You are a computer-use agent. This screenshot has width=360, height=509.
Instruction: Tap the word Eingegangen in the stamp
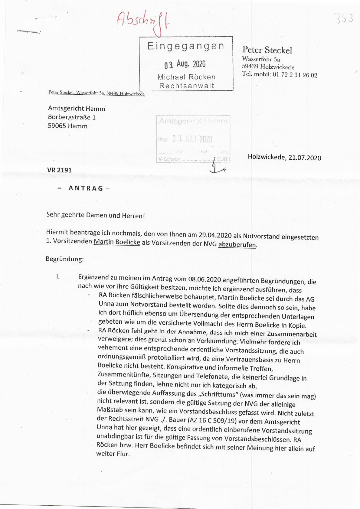[x=186, y=46]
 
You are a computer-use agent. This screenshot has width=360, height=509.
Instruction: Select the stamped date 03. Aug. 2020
[x=185, y=64]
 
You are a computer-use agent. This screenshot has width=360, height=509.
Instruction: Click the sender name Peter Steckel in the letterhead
[x=267, y=50]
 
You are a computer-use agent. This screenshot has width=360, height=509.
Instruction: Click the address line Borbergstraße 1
[x=72, y=117]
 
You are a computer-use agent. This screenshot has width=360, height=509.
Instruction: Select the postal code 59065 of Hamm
[x=57, y=126]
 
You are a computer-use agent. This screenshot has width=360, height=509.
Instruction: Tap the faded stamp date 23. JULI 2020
[x=192, y=139]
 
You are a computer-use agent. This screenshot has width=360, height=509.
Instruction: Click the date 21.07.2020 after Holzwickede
[x=305, y=158]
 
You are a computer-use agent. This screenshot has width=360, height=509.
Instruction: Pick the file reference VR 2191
[x=59, y=170]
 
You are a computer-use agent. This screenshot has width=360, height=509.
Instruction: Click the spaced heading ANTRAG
[x=86, y=188]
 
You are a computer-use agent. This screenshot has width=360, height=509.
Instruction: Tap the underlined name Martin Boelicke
[x=117, y=242]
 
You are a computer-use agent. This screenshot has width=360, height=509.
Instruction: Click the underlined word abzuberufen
[x=237, y=244]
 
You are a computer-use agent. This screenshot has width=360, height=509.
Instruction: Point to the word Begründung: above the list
[x=65, y=259]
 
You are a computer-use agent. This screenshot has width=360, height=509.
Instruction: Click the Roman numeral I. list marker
[x=58, y=276]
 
